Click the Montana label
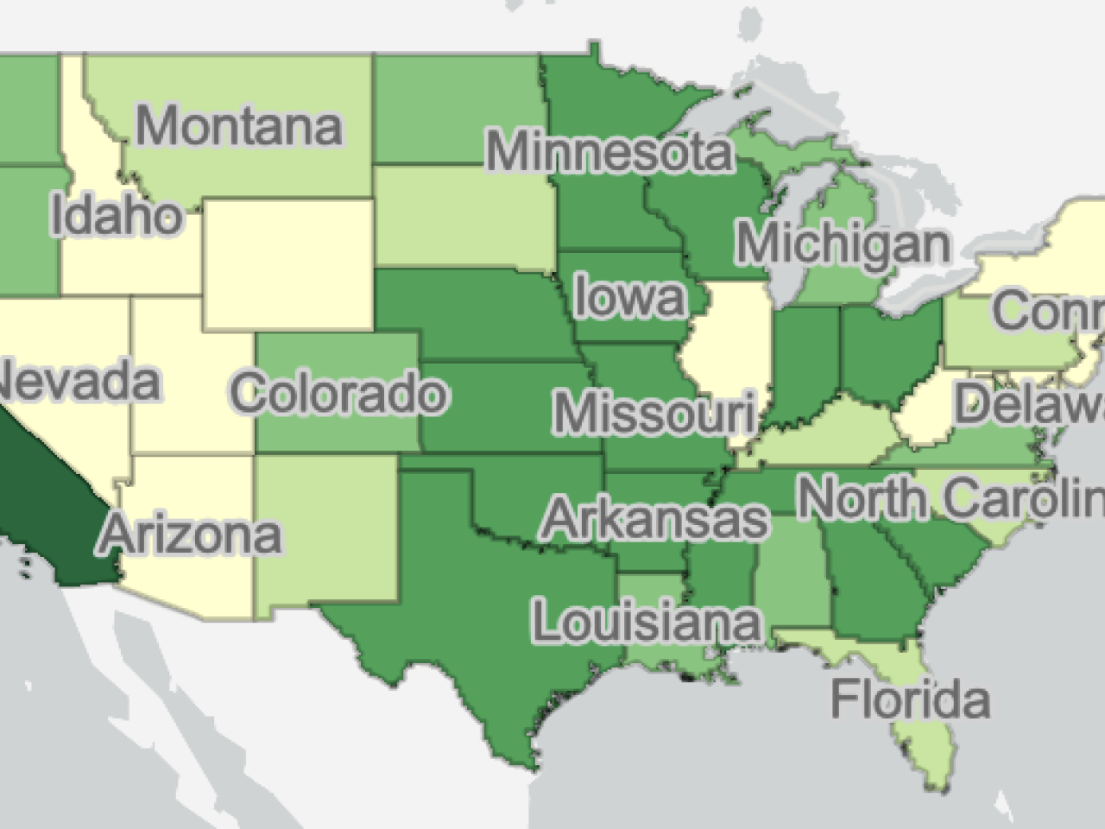[239, 126]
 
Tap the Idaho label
[117, 215]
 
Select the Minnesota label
[609, 152]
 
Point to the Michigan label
[843, 244]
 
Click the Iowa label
[630, 297]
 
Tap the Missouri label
[654, 413]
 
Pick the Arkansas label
[654, 518]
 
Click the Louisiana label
[646, 622]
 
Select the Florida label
[910, 699]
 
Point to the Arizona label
[192, 534]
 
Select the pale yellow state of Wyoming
[289, 263]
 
